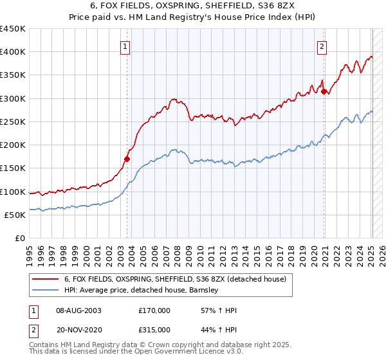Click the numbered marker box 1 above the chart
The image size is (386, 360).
click(x=125, y=46)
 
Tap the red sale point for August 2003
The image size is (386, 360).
click(x=127, y=159)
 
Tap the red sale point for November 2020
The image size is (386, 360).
click(x=324, y=92)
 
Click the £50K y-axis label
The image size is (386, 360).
click(x=15, y=215)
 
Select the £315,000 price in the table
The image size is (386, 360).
click(x=154, y=329)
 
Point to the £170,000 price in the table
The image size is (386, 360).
click(x=154, y=310)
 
